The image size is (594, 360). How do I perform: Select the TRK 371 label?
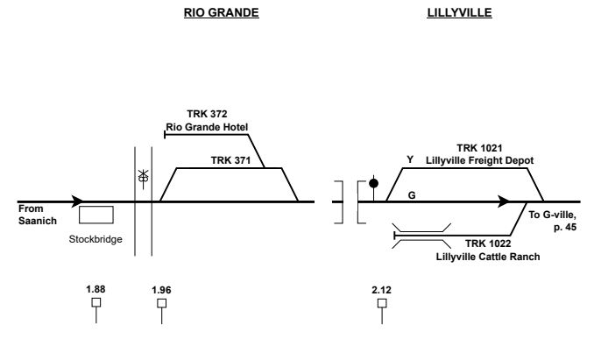230,160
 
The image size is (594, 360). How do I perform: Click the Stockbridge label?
94,237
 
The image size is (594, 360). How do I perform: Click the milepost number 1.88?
96,288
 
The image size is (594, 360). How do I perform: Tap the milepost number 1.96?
161,288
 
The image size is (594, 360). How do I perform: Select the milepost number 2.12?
382,288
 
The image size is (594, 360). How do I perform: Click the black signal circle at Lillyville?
374,183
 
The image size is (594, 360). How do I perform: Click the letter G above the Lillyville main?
411,194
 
